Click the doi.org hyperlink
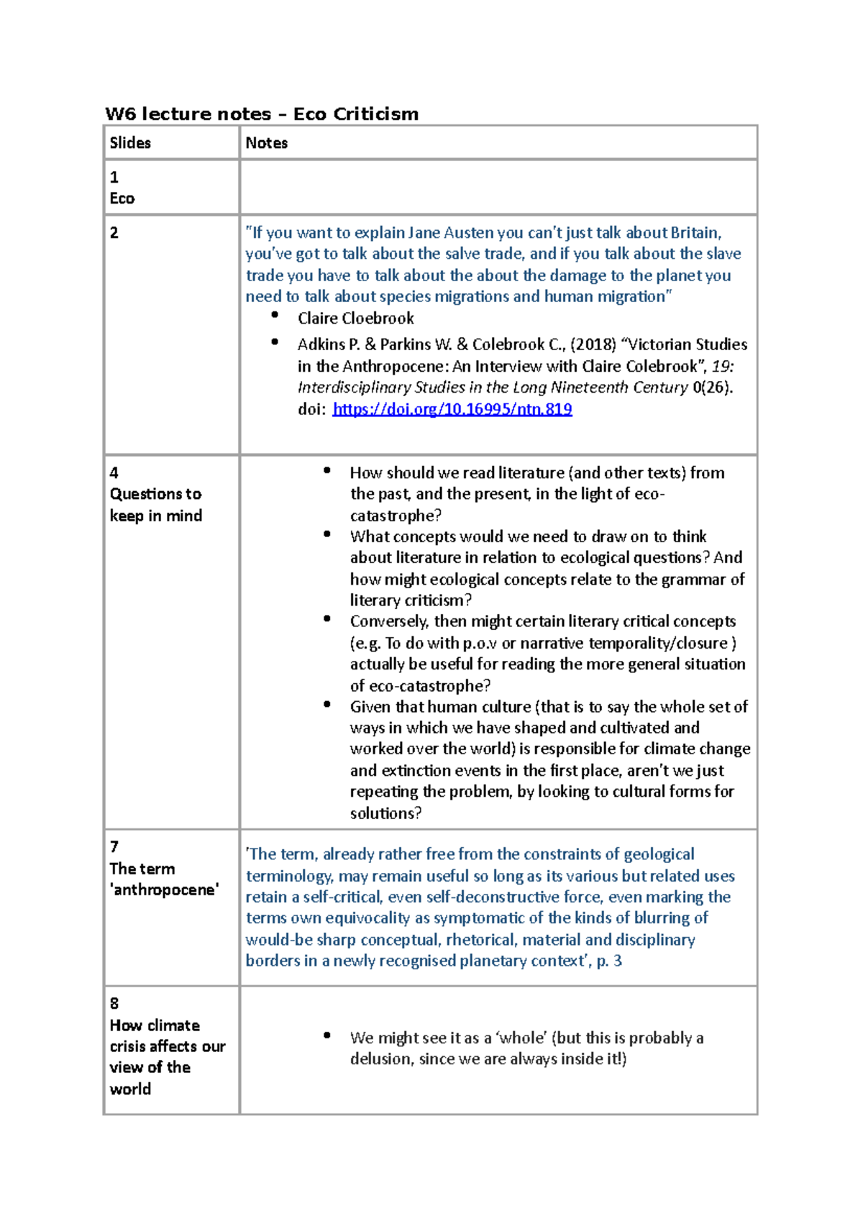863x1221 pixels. pyautogui.click(x=452, y=409)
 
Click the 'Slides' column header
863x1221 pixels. pyautogui.click(x=130, y=143)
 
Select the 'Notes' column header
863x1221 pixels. pyautogui.click(x=266, y=143)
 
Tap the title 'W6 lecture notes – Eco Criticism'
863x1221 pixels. pyautogui.click(x=262, y=114)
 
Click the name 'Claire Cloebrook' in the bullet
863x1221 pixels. pyautogui.click(x=355, y=318)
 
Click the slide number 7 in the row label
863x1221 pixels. pyautogui.click(x=114, y=847)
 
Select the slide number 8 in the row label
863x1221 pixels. pyautogui.click(x=114, y=1004)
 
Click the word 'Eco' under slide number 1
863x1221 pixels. pyautogui.click(x=122, y=198)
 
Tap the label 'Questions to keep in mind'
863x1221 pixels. pyautogui.click(x=155, y=505)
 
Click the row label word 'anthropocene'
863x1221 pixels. pyautogui.click(x=165, y=890)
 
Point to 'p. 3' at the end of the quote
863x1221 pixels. pyautogui.click(x=609, y=961)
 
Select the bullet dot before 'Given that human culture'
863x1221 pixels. pyautogui.click(x=327, y=705)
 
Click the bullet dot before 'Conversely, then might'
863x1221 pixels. pyautogui.click(x=327, y=619)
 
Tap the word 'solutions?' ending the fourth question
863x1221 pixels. pyautogui.click(x=385, y=813)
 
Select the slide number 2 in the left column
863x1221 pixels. pyautogui.click(x=114, y=233)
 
